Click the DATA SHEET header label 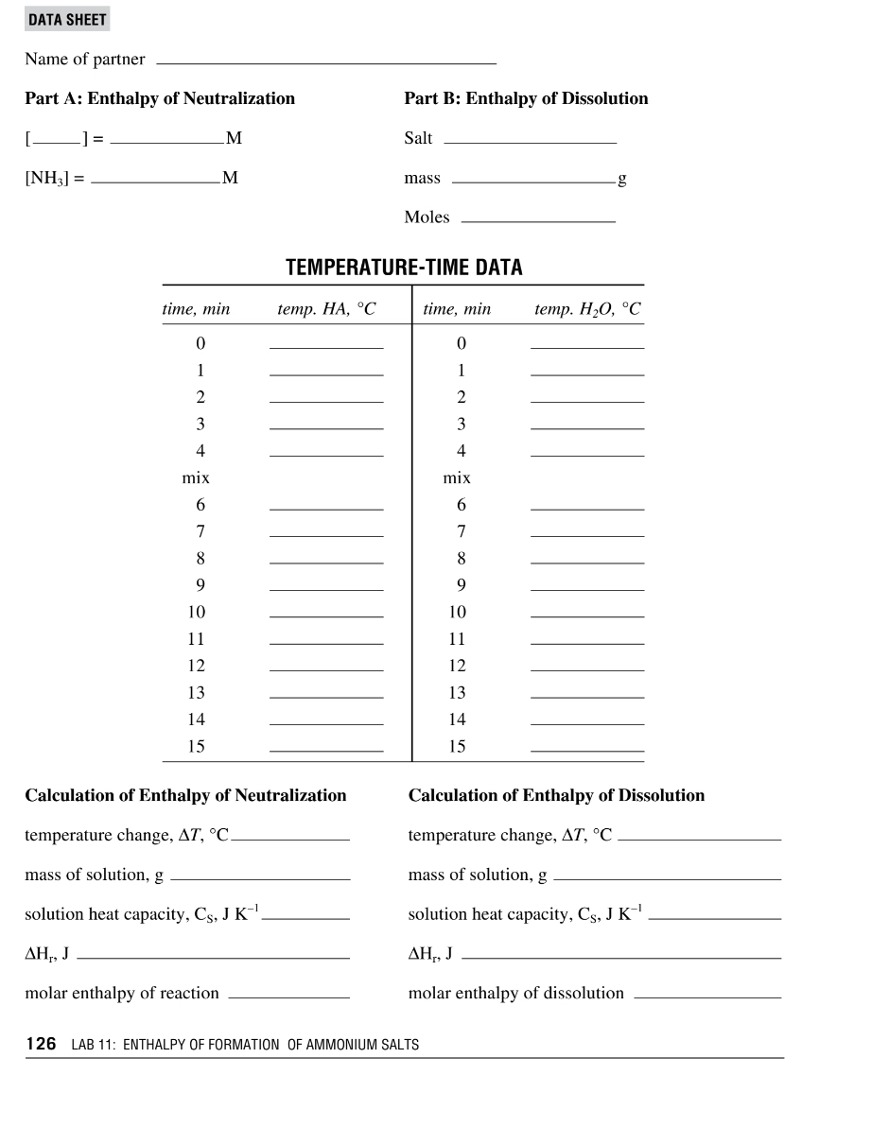tap(67, 20)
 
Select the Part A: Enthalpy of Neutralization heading tap(160, 98)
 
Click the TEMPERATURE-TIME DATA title tap(404, 268)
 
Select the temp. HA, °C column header tap(326, 309)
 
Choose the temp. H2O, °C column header tap(587, 309)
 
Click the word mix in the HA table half tap(196, 478)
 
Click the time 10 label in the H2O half tap(458, 613)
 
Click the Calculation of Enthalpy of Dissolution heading tap(556, 795)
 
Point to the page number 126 tap(41, 1045)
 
